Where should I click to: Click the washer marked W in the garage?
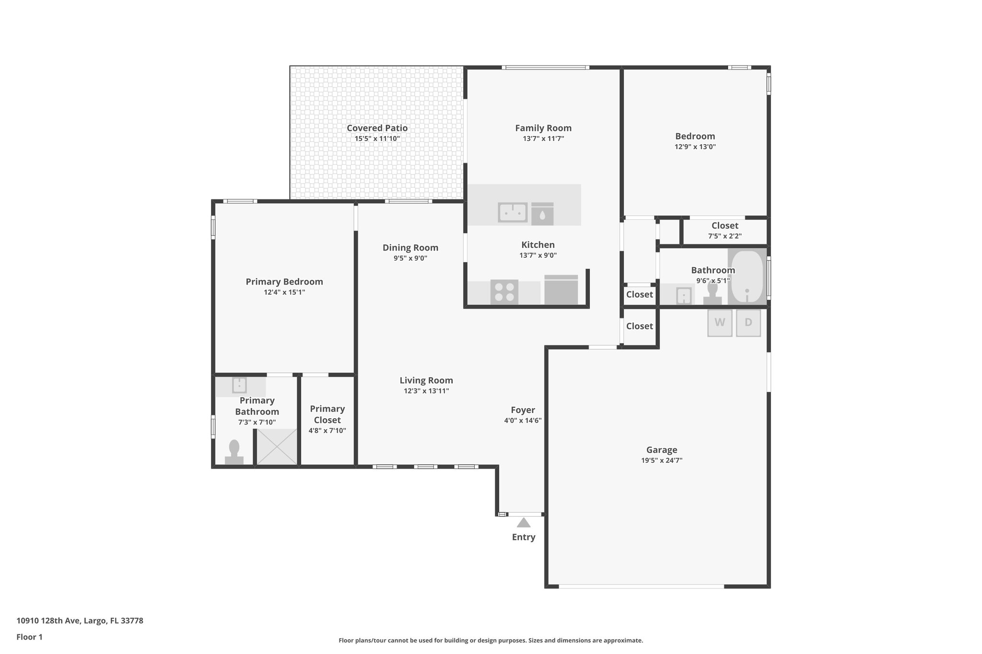pyautogui.click(x=720, y=323)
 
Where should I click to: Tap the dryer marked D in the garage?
pyautogui.click(x=748, y=323)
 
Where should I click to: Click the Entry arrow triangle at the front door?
pyautogui.click(x=524, y=523)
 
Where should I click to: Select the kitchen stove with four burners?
pyautogui.click(x=504, y=291)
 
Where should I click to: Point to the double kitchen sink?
pyautogui.click(x=513, y=212)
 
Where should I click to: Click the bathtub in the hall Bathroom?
pyautogui.click(x=747, y=276)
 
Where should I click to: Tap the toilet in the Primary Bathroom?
pyautogui.click(x=234, y=452)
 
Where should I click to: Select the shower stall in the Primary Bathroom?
pyautogui.click(x=277, y=447)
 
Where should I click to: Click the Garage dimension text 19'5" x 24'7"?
pyautogui.click(x=662, y=460)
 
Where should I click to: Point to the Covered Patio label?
pyautogui.click(x=377, y=128)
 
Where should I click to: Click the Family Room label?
pyautogui.click(x=543, y=128)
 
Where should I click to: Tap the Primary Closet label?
pyautogui.click(x=327, y=414)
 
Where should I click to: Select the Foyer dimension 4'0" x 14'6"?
pyautogui.click(x=523, y=421)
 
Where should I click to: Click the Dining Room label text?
pyautogui.click(x=410, y=248)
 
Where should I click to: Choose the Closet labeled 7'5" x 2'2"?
pyautogui.click(x=725, y=230)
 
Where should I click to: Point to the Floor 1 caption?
pyautogui.click(x=29, y=637)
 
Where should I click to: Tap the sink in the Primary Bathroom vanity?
pyautogui.click(x=239, y=385)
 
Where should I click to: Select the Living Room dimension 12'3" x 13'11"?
pyautogui.click(x=426, y=391)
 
